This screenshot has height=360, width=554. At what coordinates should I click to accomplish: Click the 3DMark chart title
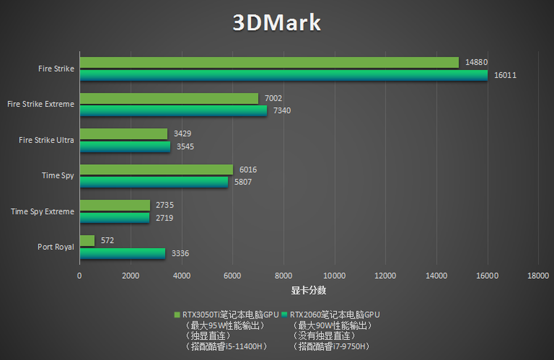tap(276, 23)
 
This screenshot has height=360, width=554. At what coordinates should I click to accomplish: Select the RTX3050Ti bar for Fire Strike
tap(269, 62)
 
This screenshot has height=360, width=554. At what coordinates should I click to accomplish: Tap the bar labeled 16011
tap(283, 75)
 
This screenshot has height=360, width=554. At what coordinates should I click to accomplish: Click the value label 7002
tap(273, 98)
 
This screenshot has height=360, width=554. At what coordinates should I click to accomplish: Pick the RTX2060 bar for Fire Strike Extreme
tap(173, 111)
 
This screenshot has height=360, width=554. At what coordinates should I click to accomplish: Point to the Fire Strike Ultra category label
tap(46, 140)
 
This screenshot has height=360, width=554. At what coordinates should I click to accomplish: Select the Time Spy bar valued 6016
tap(156, 169)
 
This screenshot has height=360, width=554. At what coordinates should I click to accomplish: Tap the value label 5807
tap(242, 182)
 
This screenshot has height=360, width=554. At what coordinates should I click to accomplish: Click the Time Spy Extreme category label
tap(42, 211)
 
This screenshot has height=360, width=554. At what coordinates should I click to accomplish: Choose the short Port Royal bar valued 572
tap(87, 240)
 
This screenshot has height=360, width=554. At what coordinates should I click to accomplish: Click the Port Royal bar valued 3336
tap(122, 254)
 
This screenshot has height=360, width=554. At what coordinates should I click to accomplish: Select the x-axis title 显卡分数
tap(308, 290)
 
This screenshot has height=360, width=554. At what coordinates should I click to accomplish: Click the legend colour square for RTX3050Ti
tap(178, 314)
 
